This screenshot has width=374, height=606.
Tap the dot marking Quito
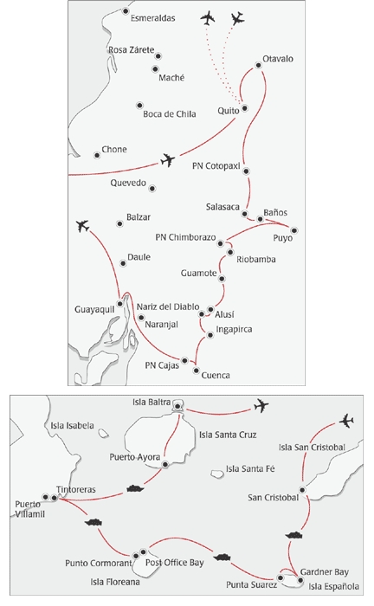coord(245,109)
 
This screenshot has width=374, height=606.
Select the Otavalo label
coord(277,58)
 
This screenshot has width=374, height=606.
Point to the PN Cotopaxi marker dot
coord(247,171)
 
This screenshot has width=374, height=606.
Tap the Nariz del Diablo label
coord(168,306)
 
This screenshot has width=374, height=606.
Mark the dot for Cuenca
coord(197,364)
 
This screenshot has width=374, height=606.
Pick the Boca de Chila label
coord(169,113)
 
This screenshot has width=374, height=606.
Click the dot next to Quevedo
coord(152,188)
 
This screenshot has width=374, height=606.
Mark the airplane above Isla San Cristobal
coord(346,421)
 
